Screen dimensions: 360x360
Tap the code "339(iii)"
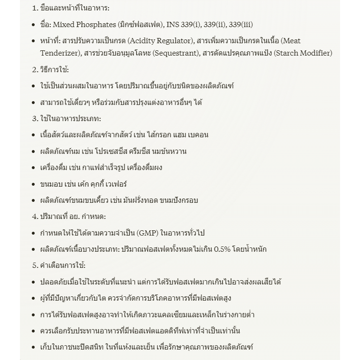click(241, 24)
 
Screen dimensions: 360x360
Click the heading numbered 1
click(71, 8)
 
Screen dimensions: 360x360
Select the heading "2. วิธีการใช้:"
click(50, 69)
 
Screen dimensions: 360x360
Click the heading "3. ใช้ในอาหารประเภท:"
click(66, 118)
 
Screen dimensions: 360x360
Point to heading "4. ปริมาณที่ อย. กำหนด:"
click(69, 216)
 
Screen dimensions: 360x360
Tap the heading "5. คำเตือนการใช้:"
click(59, 265)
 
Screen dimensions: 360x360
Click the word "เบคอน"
click(197, 134)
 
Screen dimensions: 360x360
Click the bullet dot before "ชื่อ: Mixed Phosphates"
click(33, 25)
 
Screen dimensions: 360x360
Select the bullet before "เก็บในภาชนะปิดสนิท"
click(33, 347)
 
